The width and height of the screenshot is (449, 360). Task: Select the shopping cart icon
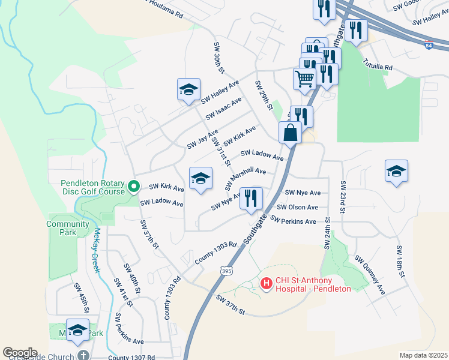pyautogui.click(x=305, y=78)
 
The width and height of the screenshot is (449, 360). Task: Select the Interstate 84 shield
pyautogui.click(x=427, y=46)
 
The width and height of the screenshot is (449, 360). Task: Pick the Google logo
pyautogui.click(x=20, y=353)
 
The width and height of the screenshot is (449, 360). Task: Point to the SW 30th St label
pyautogui.click(x=218, y=58)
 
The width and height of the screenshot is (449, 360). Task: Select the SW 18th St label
pyautogui.click(x=399, y=262)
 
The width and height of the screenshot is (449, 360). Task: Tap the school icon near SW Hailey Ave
pyautogui.click(x=188, y=90)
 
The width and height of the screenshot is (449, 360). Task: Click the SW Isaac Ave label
pyautogui.click(x=223, y=107)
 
